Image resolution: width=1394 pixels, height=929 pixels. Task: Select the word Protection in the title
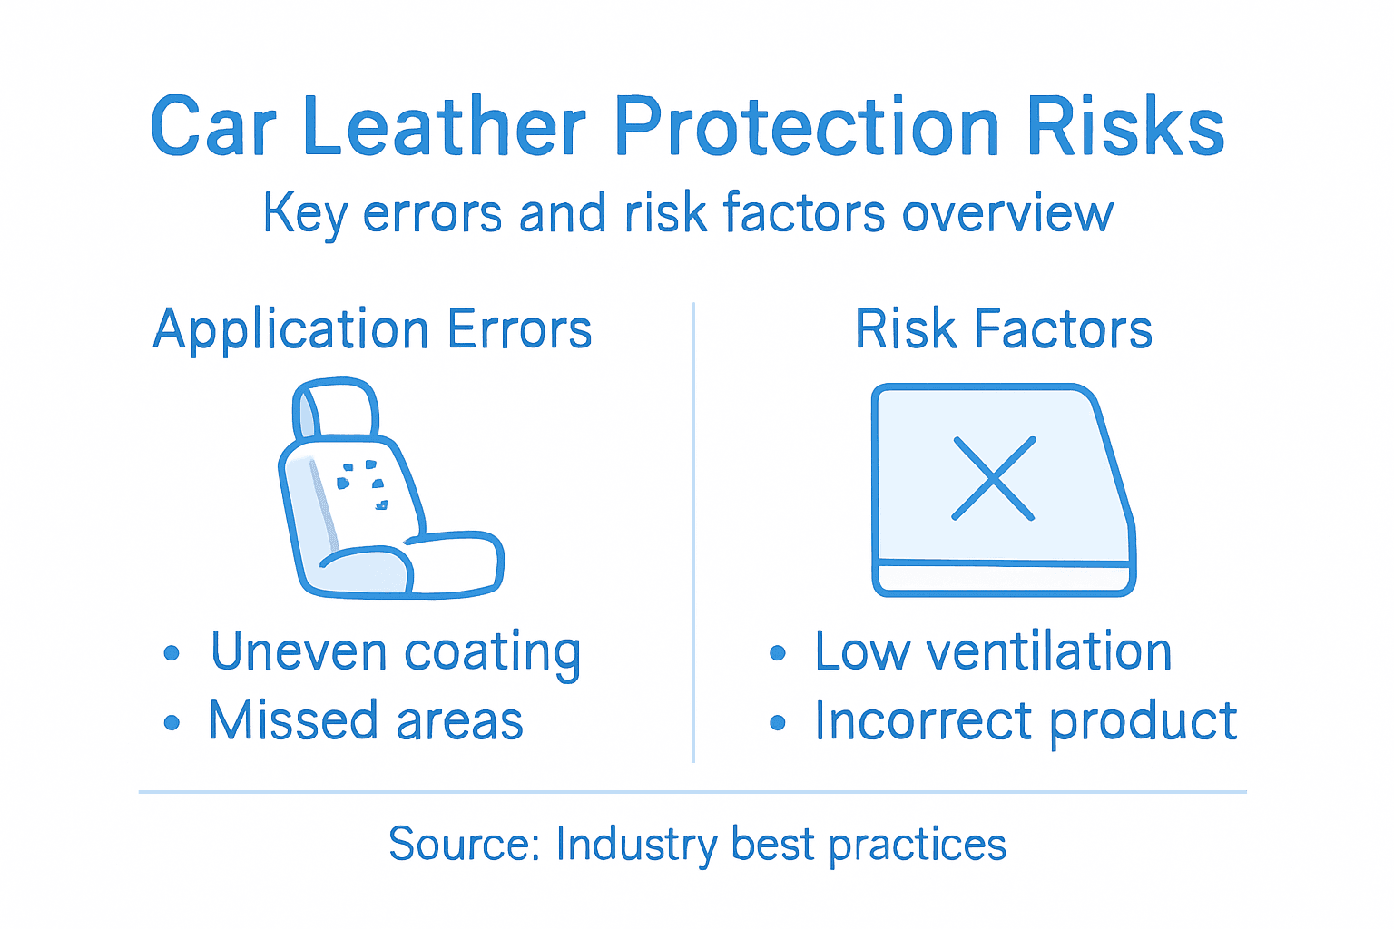[x=807, y=126]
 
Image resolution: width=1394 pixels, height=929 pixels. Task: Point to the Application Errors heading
[x=372, y=328]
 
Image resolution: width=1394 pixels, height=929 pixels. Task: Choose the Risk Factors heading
[x=1003, y=328]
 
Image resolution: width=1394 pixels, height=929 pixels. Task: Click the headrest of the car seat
[x=334, y=408]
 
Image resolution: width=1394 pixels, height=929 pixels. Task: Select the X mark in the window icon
[x=994, y=478]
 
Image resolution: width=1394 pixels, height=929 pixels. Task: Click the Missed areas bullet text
[x=366, y=721]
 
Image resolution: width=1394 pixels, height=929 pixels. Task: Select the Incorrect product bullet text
[x=1025, y=721]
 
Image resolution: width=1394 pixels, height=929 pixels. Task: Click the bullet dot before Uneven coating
[x=172, y=653]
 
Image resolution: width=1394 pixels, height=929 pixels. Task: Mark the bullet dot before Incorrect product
[x=777, y=723]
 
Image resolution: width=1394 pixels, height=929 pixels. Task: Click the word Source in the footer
[x=463, y=844]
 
